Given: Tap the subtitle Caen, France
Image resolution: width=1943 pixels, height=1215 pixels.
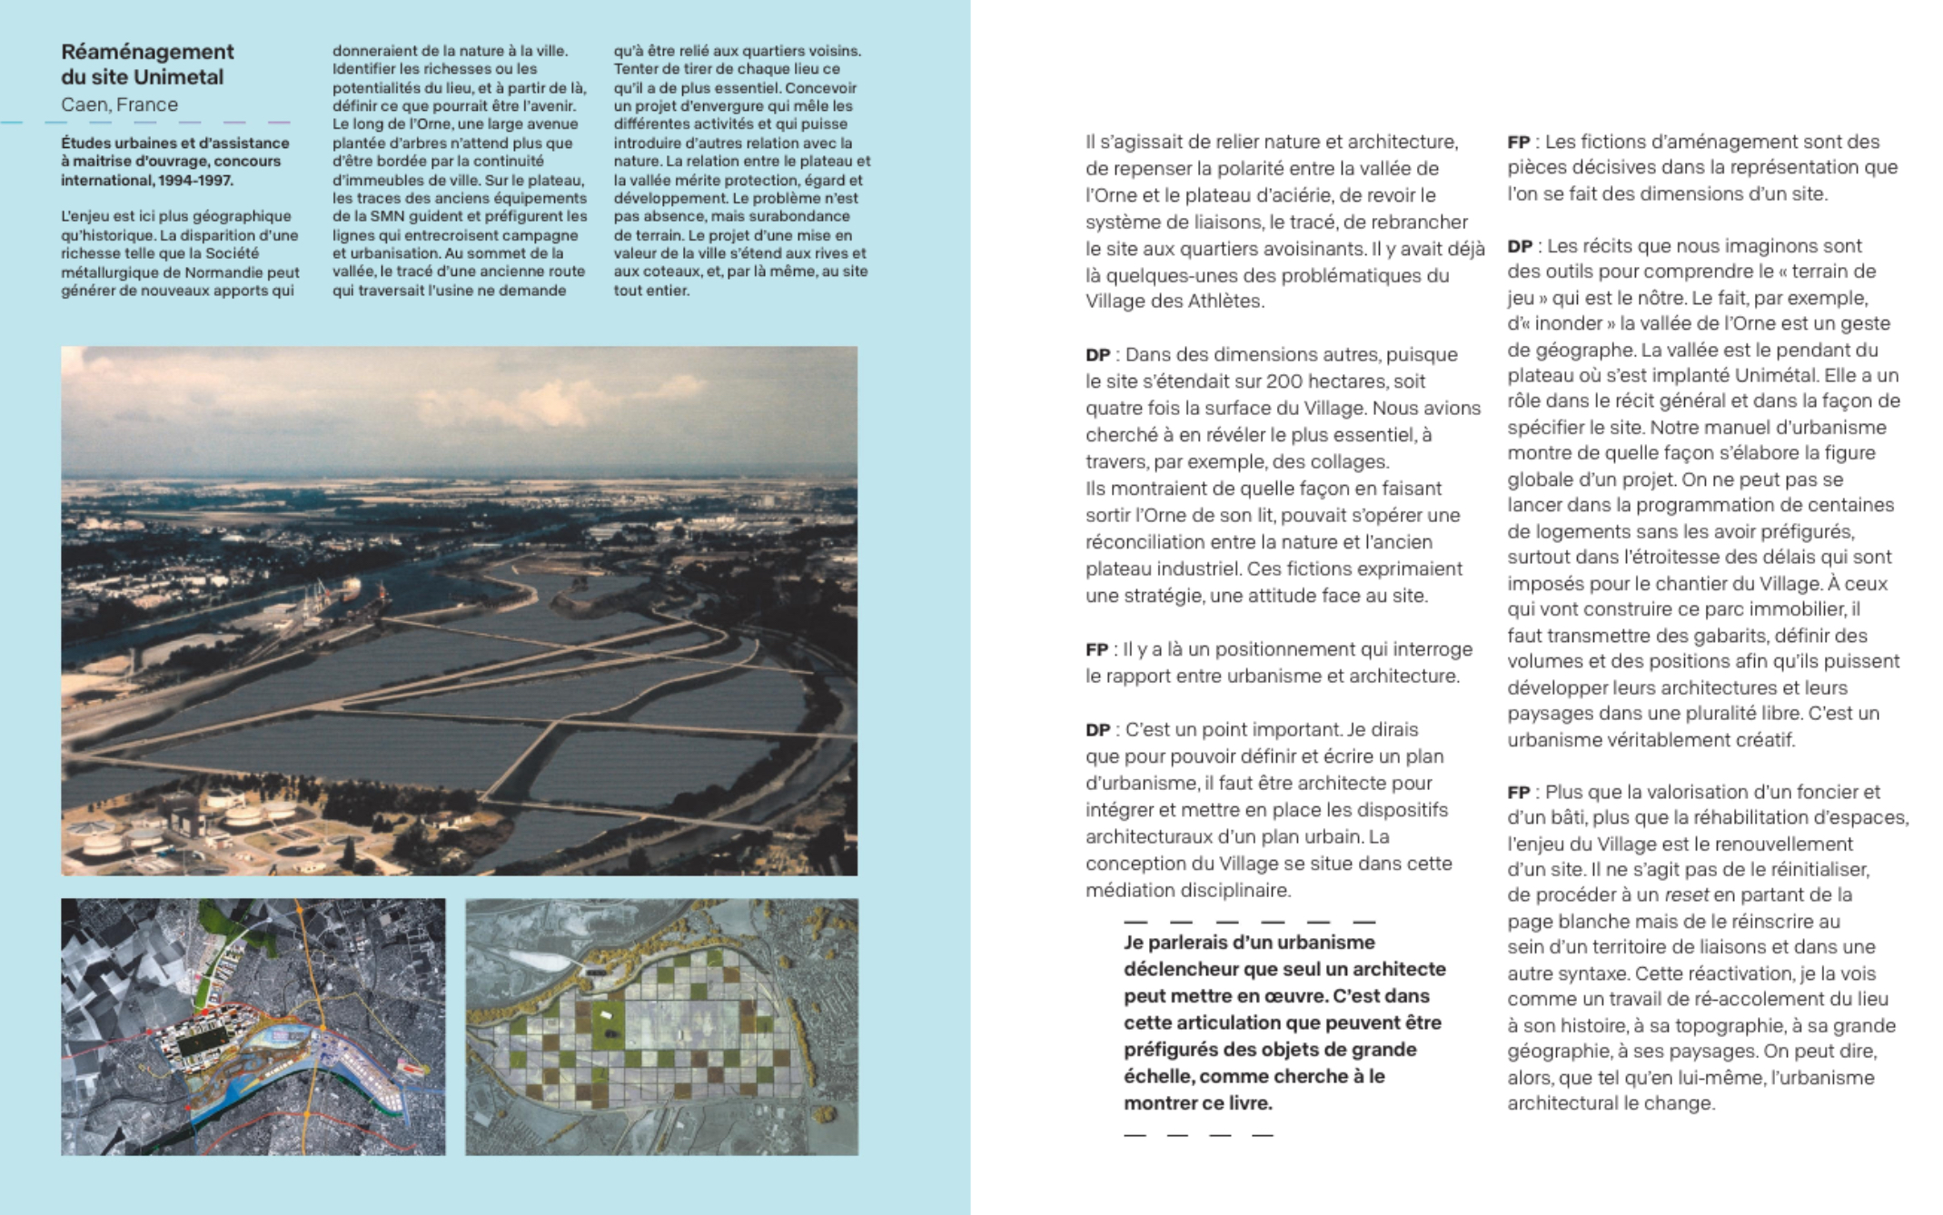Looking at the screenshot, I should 119,104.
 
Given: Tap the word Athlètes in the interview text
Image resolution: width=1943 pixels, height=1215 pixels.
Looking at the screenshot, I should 1225,301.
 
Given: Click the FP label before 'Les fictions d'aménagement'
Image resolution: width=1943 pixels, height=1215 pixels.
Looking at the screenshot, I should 1518,143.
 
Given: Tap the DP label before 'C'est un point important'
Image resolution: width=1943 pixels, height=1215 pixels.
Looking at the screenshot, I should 1097,730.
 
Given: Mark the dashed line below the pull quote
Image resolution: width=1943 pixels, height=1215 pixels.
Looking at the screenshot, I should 1197,1134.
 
